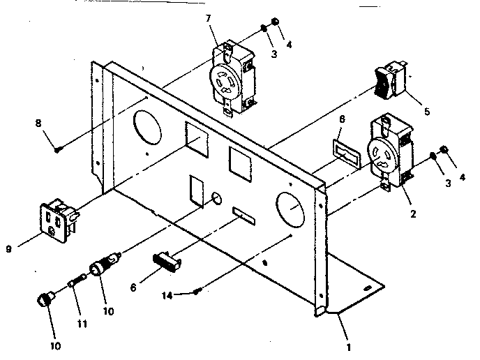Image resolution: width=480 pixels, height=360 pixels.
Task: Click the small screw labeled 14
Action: pyautogui.click(x=200, y=292)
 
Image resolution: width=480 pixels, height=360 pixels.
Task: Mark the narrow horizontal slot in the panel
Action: pyautogui.click(x=245, y=213)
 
